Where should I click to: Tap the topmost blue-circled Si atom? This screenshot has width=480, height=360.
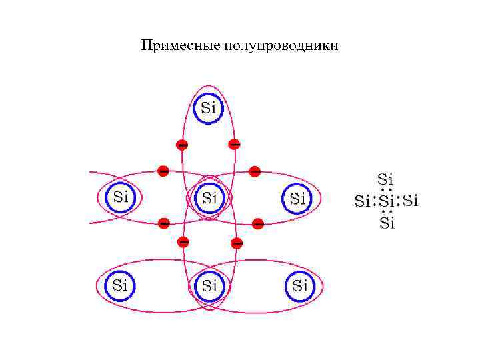click(x=209, y=108)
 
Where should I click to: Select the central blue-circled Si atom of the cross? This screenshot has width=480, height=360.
click(x=209, y=197)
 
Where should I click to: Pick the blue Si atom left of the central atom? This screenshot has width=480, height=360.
click(x=121, y=197)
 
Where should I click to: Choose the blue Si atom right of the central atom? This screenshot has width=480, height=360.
click(x=297, y=198)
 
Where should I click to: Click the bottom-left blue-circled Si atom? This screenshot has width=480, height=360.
click(x=120, y=285)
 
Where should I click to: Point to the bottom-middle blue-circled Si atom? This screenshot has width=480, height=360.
click(x=209, y=286)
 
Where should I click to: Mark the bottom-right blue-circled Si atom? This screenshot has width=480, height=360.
click(x=300, y=286)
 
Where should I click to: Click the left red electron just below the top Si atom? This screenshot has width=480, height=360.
click(x=181, y=144)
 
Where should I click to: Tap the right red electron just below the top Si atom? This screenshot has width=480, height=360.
click(x=235, y=143)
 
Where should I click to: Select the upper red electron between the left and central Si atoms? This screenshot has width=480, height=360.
click(x=163, y=171)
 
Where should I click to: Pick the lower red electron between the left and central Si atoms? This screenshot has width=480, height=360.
click(x=163, y=223)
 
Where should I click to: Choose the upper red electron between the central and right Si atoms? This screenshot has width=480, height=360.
click(x=254, y=171)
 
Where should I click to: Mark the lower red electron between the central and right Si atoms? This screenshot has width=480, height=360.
click(x=258, y=223)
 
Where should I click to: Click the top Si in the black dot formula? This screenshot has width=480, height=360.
click(x=385, y=179)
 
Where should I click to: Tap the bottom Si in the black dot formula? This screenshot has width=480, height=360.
click(x=387, y=223)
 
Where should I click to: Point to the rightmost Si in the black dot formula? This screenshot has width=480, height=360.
click(x=411, y=200)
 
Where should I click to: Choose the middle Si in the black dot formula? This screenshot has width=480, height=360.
click(x=387, y=200)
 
